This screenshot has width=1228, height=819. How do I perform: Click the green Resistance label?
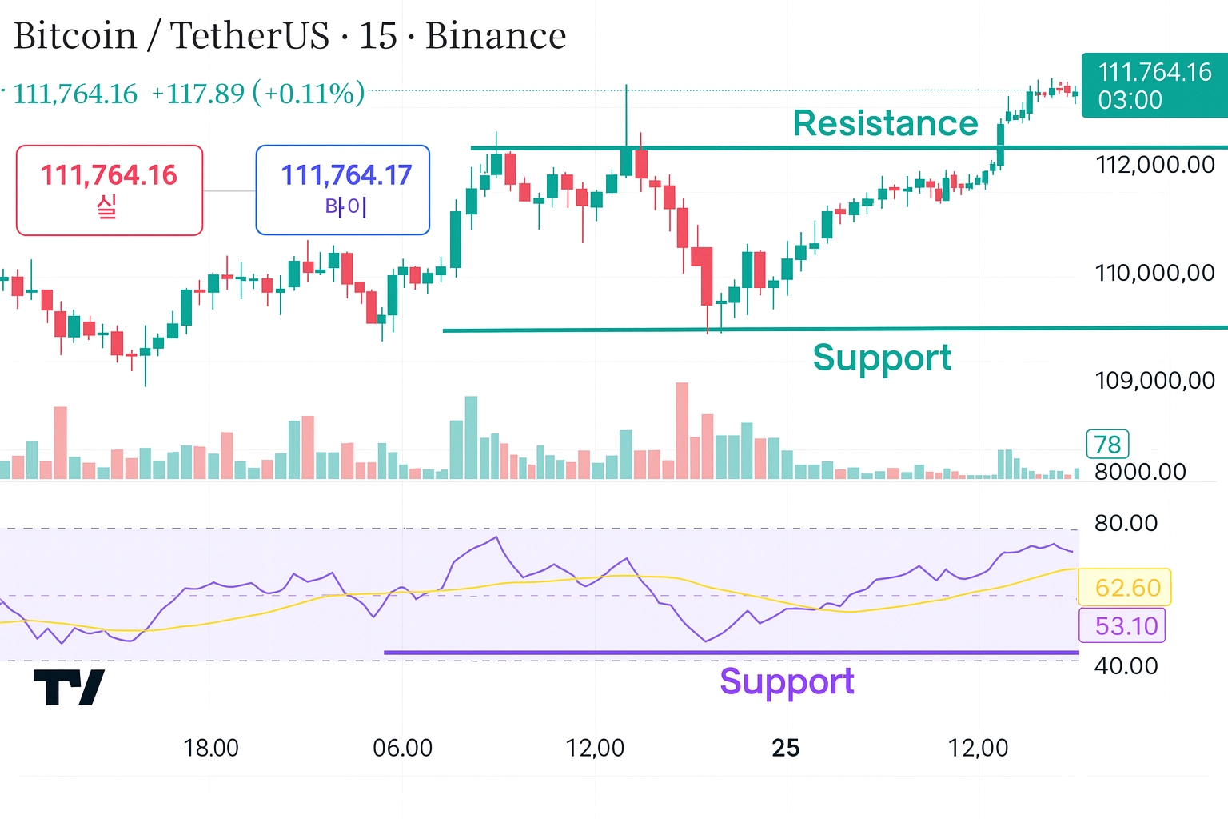coord(885,124)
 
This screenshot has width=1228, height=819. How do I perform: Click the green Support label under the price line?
coord(882,358)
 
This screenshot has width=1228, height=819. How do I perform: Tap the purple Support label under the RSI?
coord(787,681)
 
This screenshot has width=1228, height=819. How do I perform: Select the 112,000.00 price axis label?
coord(1154,165)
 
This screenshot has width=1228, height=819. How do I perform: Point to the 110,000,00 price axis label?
coord(1154,273)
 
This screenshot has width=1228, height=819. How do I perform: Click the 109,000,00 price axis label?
coord(1154,380)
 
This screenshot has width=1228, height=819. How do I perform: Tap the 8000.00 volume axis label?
coord(1140,472)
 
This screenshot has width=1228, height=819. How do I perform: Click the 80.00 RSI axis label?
coord(1126,524)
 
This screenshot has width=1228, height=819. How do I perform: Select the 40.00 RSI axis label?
coord(1126,666)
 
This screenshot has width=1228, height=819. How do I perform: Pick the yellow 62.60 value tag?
coord(1126,588)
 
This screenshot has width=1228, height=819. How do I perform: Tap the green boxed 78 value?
coord(1107,444)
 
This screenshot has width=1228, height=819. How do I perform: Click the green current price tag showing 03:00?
coord(1154,86)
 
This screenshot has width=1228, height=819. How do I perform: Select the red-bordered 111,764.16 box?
coord(110,190)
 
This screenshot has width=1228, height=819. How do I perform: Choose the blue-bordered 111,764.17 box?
coord(343,190)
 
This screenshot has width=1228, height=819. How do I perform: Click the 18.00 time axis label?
coord(211,749)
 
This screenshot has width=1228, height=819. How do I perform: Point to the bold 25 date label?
coord(785,749)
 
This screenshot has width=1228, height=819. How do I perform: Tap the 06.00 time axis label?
coord(403,749)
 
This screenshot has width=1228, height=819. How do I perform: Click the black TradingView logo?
coord(69,687)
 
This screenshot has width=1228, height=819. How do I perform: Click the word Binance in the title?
coord(496,36)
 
